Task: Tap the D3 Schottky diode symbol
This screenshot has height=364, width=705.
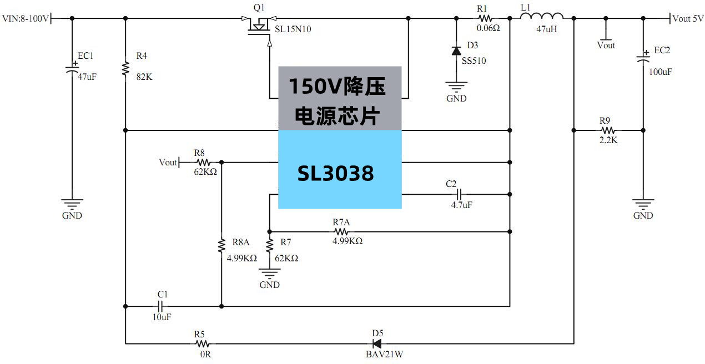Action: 456,51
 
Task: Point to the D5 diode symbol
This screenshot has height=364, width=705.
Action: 378,343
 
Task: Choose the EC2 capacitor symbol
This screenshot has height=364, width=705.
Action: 643,57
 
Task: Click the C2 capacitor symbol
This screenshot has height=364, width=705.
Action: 459,194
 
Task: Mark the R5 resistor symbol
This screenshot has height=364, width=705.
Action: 202,344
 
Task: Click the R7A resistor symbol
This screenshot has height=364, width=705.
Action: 341,231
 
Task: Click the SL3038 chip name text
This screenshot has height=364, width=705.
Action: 335,174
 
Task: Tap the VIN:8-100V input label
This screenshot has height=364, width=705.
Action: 26,19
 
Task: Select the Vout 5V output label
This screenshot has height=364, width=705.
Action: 688,18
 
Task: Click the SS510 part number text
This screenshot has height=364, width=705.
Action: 474,61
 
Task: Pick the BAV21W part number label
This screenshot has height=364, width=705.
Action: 384,354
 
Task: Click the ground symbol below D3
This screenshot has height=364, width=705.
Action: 456,88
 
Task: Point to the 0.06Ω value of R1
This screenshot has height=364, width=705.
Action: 489,28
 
